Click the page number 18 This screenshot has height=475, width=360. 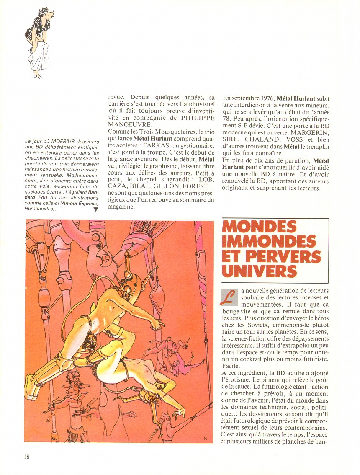(26, 456)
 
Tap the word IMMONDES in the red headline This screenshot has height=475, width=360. (269, 242)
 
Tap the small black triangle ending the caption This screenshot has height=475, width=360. (96, 210)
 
